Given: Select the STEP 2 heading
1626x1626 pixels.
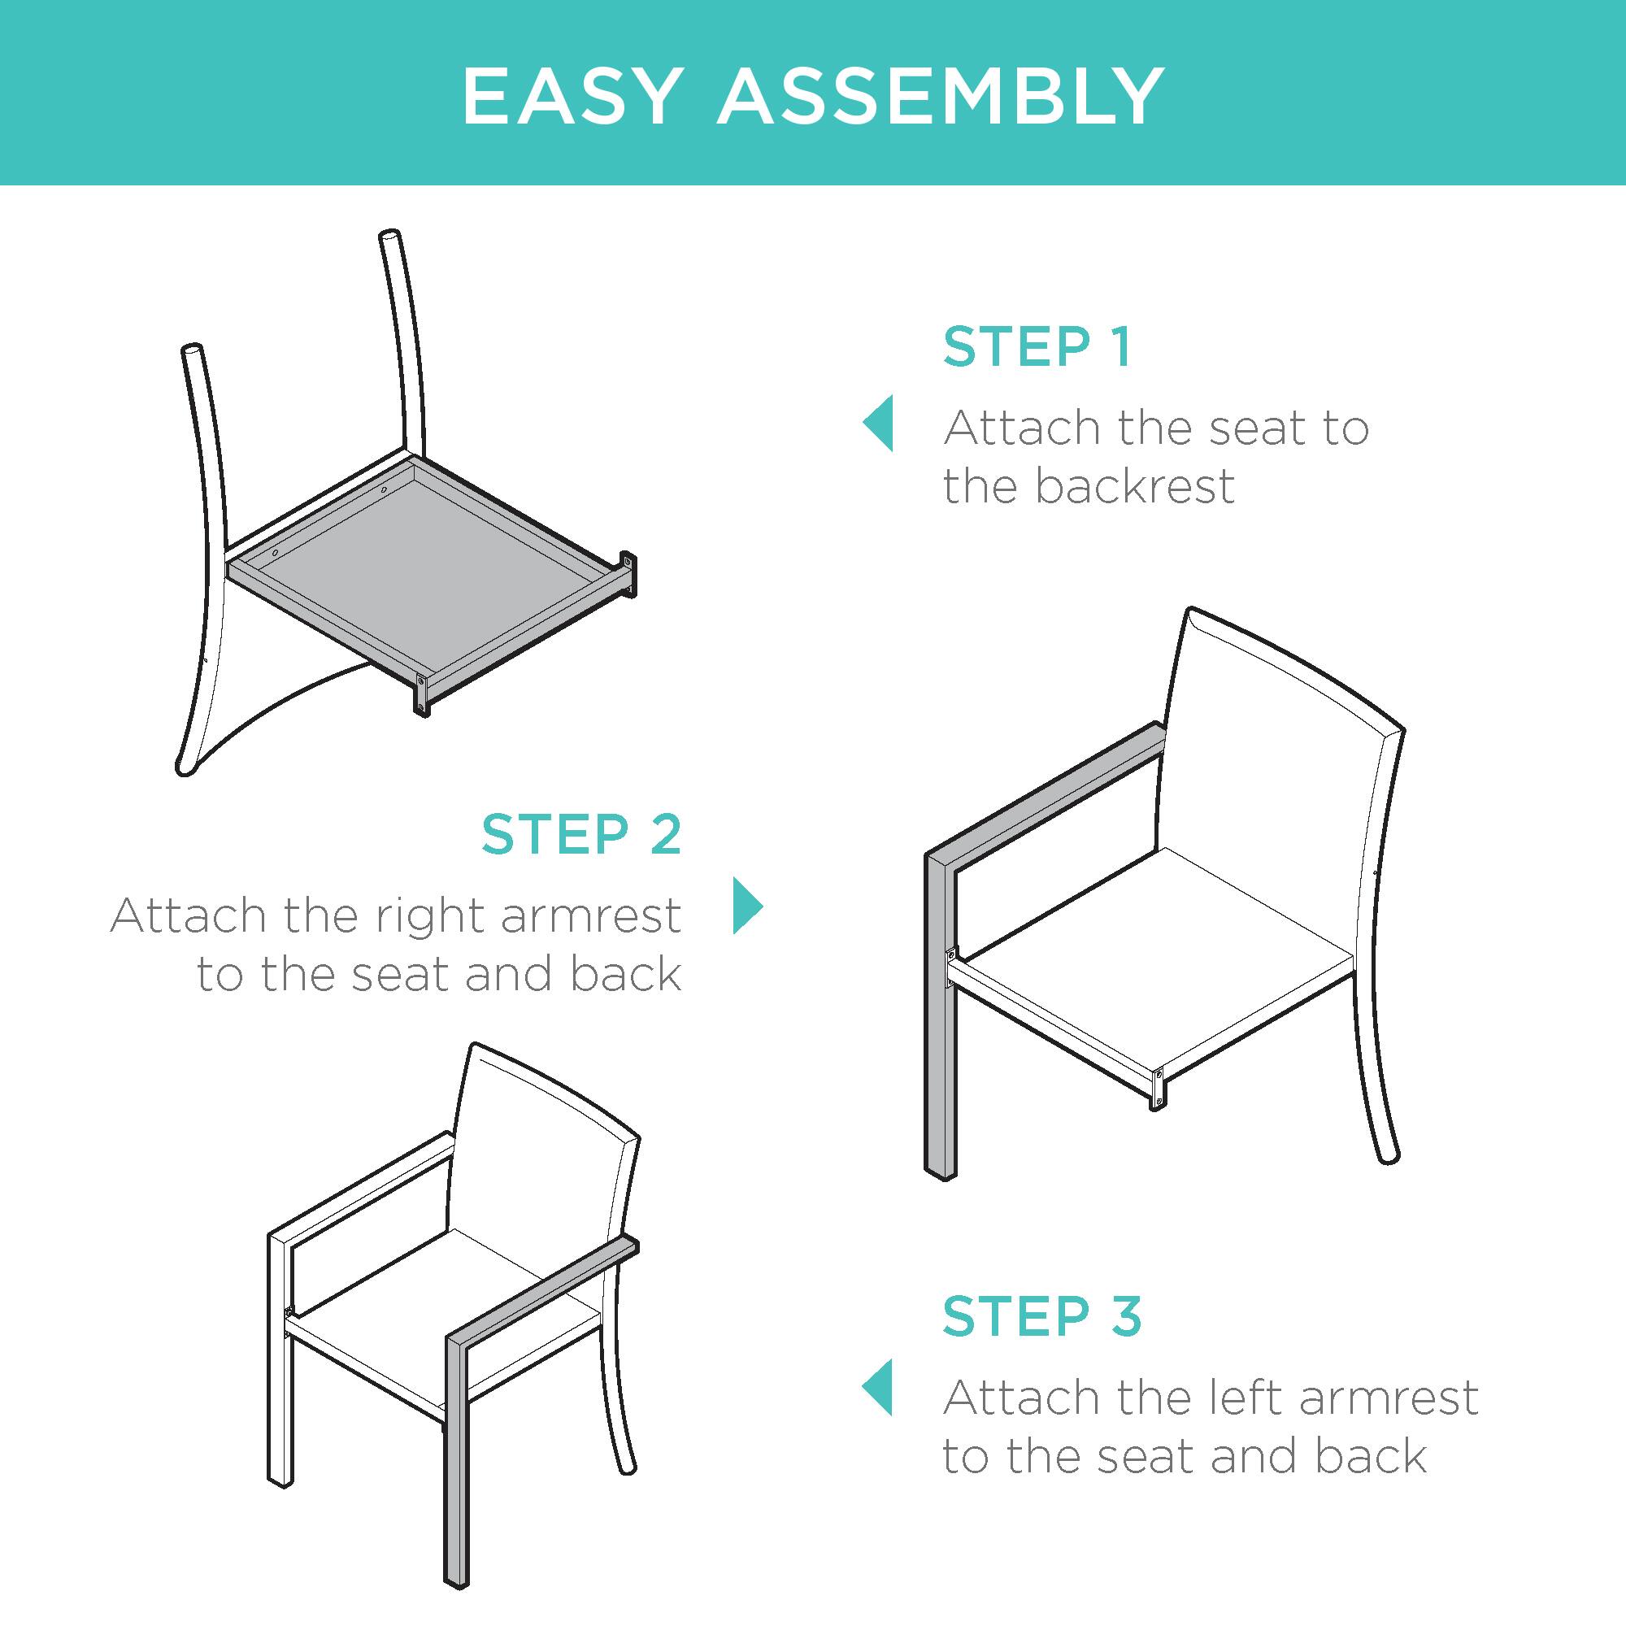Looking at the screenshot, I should tap(581, 834).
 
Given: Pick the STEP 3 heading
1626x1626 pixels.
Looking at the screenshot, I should tap(1042, 1315).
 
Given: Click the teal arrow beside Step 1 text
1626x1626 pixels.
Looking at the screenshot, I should tap(879, 424).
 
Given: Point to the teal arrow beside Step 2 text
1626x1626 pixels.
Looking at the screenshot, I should tap(747, 906).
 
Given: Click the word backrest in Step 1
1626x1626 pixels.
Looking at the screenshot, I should tap(1133, 486).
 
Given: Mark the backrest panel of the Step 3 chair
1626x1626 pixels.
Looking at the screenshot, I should tap(539, 1178).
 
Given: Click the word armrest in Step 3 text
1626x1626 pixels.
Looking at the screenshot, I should tap(1388, 1398).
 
